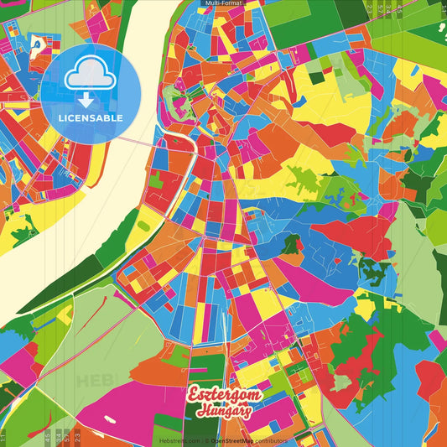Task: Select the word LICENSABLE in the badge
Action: click(91, 118)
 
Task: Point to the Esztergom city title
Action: click(224, 395)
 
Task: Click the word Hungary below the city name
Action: click(225, 412)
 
